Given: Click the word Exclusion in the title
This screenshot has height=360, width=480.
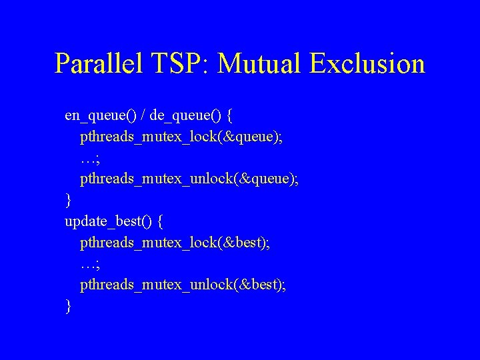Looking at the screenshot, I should [x=367, y=64].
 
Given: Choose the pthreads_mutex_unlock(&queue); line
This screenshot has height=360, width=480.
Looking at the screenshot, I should [x=189, y=179].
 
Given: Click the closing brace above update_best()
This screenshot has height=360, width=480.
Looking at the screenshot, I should [x=68, y=200].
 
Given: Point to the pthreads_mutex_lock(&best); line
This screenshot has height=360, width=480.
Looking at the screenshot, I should [x=175, y=243].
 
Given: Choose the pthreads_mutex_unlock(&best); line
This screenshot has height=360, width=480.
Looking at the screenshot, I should [x=183, y=285].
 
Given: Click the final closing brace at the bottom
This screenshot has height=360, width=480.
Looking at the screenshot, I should [x=68, y=306].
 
